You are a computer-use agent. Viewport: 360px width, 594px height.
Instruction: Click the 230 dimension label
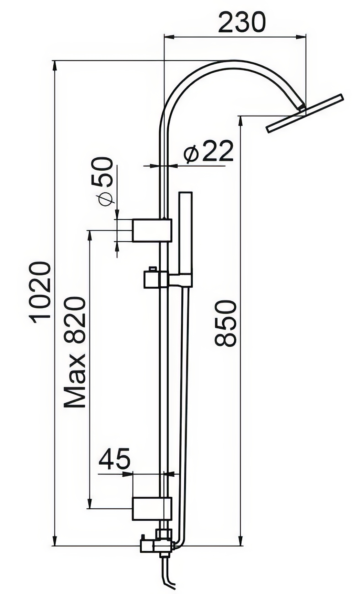pyautogui.click(x=242, y=22)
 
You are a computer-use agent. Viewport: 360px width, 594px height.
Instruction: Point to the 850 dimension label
pyautogui.click(x=225, y=323)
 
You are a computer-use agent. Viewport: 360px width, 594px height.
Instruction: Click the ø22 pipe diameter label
pyautogui.click(x=209, y=151)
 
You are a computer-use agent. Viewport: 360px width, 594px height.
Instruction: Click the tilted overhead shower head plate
pyautogui.click(x=305, y=113)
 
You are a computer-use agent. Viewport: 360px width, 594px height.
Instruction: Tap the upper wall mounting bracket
pyautogui.click(x=152, y=230)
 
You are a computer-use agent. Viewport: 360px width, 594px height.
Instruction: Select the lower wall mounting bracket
pyautogui.click(x=152, y=508)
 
